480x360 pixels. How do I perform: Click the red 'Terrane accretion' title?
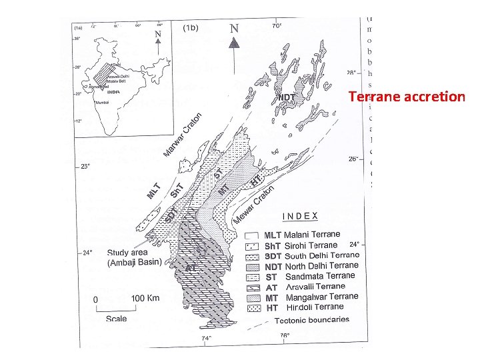pyautogui.click(x=406, y=97)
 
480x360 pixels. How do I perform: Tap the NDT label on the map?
pyautogui.click(x=286, y=98)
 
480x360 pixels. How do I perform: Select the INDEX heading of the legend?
pyautogui.click(x=300, y=216)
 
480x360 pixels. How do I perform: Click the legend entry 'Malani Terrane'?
pyautogui.click(x=303, y=235)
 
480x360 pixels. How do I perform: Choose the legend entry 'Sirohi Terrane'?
pyautogui.click(x=303, y=245)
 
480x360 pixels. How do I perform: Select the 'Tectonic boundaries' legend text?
pyautogui.click(x=311, y=319)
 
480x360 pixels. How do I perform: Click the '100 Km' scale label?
pyautogui.click(x=144, y=298)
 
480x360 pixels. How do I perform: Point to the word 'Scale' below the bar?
pyautogui.click(x=117, y=319)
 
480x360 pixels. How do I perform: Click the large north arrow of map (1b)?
pyautogui.click(x=235, y=44)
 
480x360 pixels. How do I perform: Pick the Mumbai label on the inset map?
pyautogui.click(x=102, y=103)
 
